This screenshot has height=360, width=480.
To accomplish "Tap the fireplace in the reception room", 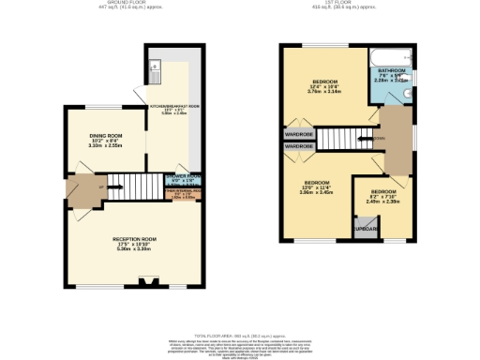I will [x=145, y=279].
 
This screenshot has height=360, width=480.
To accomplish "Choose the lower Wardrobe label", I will [x=298, y=147].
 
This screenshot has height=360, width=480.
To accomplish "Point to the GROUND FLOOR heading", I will [x=119, y=4].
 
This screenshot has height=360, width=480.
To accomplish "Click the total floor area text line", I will [x=239, y=334].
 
